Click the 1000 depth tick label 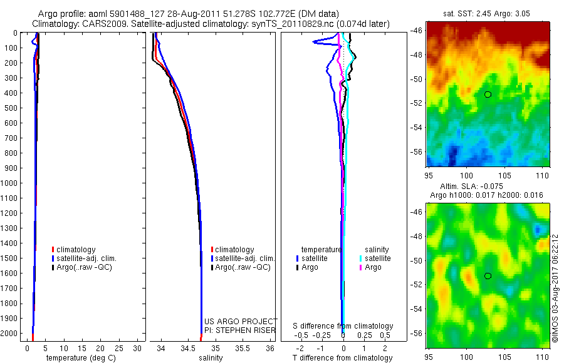(10, 183)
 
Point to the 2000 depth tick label (10, 333)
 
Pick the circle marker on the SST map (488, 95)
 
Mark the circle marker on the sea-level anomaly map (488, 275)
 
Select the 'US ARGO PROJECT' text (241, 322)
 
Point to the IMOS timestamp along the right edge (555, 288)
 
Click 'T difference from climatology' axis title (343, 358)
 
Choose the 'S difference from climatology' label (343, 326)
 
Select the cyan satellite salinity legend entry (377, 258)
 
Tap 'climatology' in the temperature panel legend (78, 249)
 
